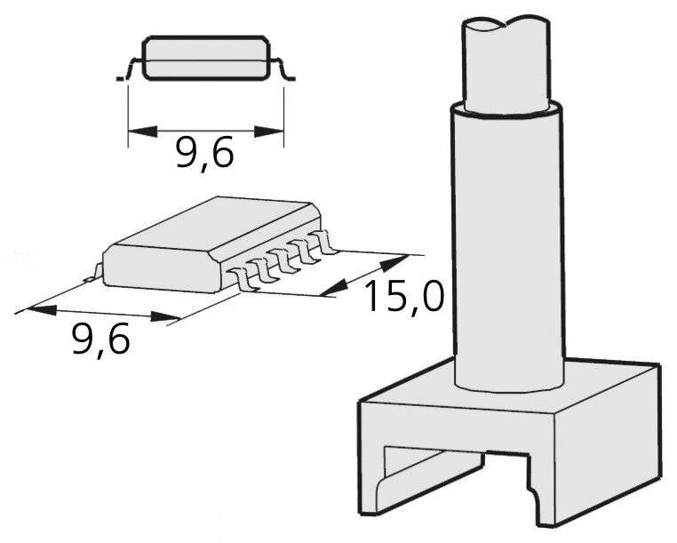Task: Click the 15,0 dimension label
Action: tap(404, 297)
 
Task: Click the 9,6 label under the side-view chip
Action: tap(204, 153)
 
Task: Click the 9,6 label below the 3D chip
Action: tap(100, 339)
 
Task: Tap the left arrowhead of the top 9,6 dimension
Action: tap(143, 132)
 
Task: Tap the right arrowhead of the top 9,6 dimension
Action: tap(269, 132)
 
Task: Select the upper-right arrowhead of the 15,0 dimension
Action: tap(394, 263)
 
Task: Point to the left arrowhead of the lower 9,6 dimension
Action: tap(42, 310)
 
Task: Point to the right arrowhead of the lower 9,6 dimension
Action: tap(165, 316)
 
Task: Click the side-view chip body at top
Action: tap(206, 59)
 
